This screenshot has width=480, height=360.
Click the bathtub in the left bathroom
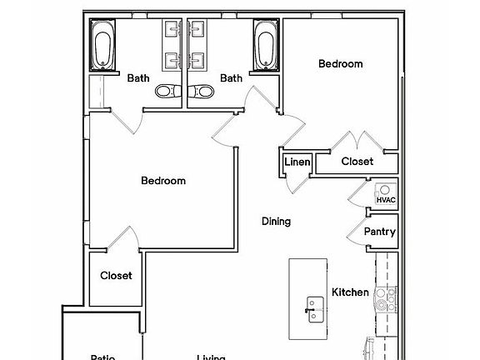click(x=105, y=46)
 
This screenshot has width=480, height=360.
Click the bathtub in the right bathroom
click(x=265, y=46)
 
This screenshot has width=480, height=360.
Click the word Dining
click(x=276, y=222)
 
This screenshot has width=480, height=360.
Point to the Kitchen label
click(x=350, y=292)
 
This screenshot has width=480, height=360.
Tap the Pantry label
click(x=380, y=232)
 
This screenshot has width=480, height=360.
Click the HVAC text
click(x=385, y=200)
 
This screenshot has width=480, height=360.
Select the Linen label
click(x=297, y=162)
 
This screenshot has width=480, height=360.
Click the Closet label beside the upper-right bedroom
click(x=357, y=162)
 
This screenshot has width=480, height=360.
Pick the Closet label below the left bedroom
click(x=116, y=276)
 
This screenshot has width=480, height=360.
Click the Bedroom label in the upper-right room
click(x=341, y=63)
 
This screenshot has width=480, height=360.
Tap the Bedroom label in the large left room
click(x=162, y=180)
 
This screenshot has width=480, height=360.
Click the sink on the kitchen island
click(x=314, y=306)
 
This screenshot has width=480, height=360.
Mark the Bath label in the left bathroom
click(x=138, y=78)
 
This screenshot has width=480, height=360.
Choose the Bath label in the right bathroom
click(x=231, y=78)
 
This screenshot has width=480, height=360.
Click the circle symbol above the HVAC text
click(x=384, y=190)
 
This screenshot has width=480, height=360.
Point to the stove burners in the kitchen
click(x=384, y=298)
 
